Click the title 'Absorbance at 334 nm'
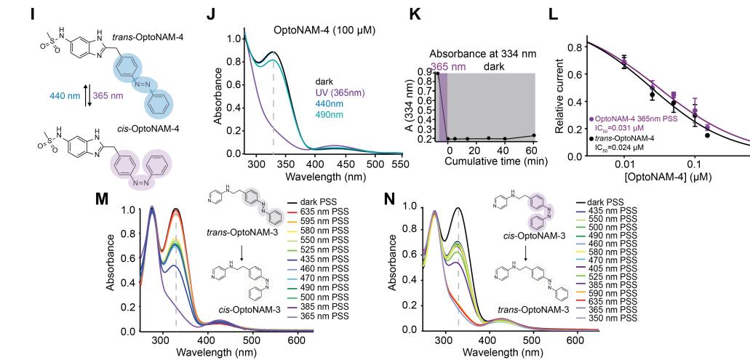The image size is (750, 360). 483,54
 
